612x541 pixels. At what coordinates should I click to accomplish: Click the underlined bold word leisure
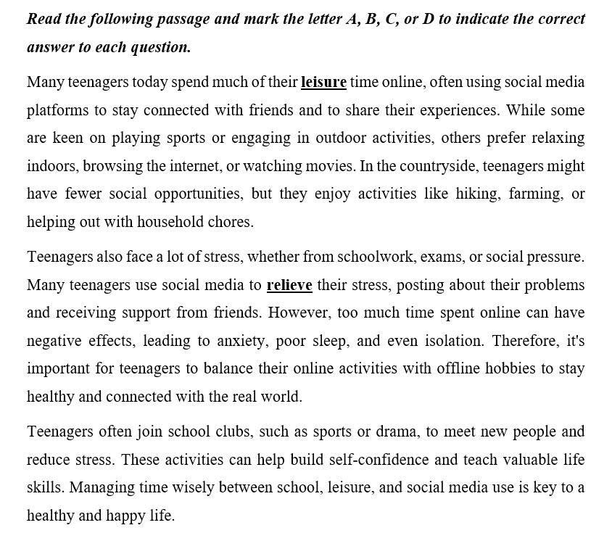click(x=323, y=82)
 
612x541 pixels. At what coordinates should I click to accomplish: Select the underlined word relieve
click(x=289, y=285)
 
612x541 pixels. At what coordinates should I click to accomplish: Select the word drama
click(x=397, y=432)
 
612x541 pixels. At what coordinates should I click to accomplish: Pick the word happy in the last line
click(x=126, y=516)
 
